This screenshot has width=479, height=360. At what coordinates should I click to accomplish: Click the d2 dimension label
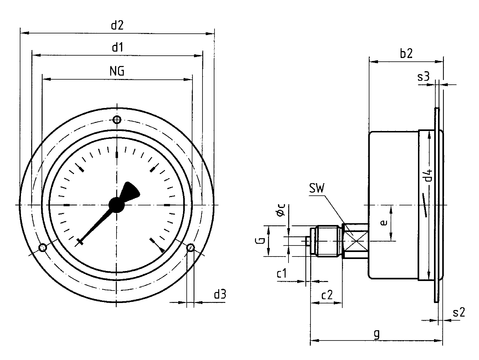coord(117,25)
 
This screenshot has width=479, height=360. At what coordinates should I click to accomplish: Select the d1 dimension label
coord(117,47)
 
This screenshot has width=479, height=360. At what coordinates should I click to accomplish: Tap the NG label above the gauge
coord(117,71)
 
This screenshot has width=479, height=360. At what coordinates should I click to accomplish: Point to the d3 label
coord(220,294)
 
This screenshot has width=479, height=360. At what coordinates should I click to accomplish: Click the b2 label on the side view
coord(406,53)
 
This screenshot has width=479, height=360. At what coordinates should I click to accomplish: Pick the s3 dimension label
coord(424,77)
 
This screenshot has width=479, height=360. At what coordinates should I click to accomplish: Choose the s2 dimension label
coord(459,313)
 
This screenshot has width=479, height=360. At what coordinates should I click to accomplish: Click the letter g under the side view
coord(377,333)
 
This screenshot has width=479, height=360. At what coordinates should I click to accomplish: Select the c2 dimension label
coord(327,295)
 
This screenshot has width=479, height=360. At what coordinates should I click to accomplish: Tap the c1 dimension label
coord(282,274)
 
